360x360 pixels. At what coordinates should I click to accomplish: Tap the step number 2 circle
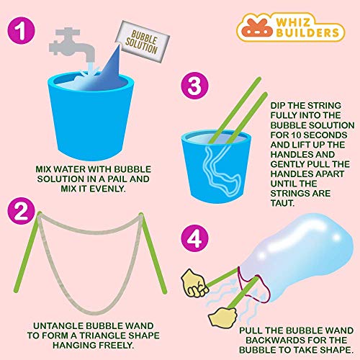[x=24, y=212]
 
